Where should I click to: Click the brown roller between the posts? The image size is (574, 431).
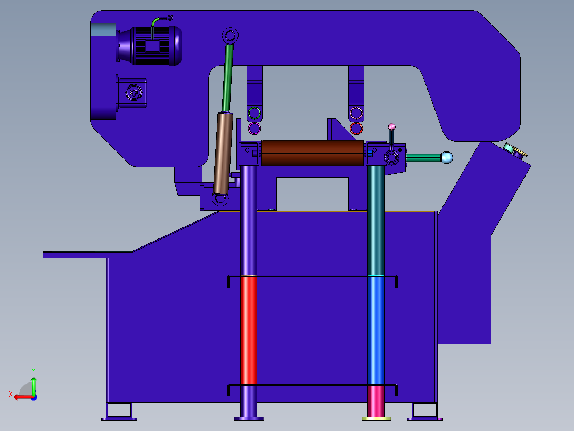[x=312, y=153]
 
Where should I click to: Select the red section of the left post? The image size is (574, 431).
[x=249, y=330]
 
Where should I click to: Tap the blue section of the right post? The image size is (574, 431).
[x=376, y=330]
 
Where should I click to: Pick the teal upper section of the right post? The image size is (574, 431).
[x=376, y=220]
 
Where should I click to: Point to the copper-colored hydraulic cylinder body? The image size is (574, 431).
[x=223, y=153]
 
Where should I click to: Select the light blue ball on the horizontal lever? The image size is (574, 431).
[x=447, y=158]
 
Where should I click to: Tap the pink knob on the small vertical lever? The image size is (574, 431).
[x=392, y=127]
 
